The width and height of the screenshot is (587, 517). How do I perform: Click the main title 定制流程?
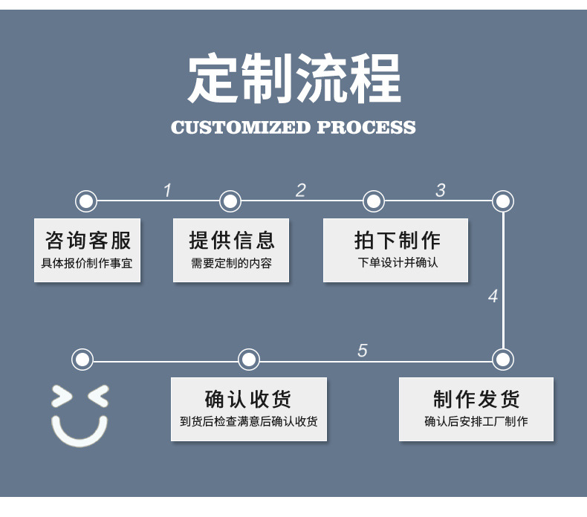(293, 79)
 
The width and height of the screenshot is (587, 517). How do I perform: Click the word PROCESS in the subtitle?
(366, 127)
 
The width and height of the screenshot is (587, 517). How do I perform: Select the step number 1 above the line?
(167, 191)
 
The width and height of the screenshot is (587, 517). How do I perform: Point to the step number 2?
(300, 190)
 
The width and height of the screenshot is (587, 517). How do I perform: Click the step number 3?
(441, 190)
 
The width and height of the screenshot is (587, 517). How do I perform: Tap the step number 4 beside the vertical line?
(493, 296)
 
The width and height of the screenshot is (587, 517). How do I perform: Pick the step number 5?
(362, 351)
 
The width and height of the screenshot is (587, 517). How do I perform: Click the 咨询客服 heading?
(88, 240)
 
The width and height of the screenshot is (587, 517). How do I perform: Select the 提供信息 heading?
(231, 240)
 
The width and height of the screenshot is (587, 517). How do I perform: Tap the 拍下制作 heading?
(396, 240)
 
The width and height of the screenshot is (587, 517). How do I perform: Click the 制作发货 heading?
(476, 399)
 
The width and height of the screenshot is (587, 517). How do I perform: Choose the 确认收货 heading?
(248, 399)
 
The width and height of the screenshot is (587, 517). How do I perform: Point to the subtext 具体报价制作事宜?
(88, 263)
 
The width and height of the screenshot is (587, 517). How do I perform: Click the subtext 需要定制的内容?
(231, 263)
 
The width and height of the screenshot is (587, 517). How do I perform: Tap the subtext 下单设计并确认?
(396, 263)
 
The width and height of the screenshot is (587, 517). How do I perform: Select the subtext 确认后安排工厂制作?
(476, 422)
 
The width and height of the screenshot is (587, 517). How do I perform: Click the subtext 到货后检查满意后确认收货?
(248, 422)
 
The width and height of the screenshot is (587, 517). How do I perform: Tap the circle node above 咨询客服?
(86, 201)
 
